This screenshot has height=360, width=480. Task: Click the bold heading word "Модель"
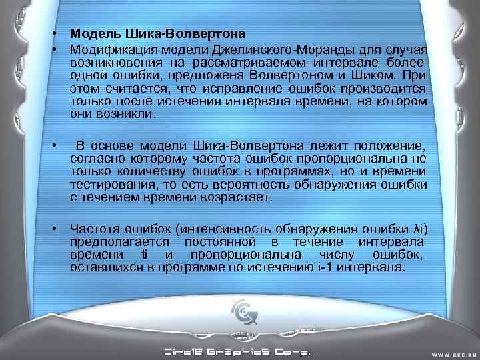(91, 33)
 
